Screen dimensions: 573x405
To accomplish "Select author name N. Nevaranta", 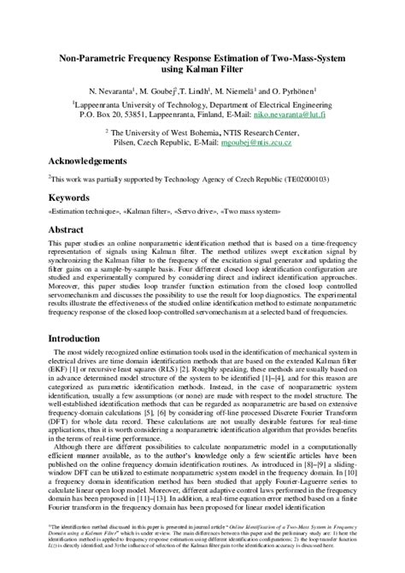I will point(126,92).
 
